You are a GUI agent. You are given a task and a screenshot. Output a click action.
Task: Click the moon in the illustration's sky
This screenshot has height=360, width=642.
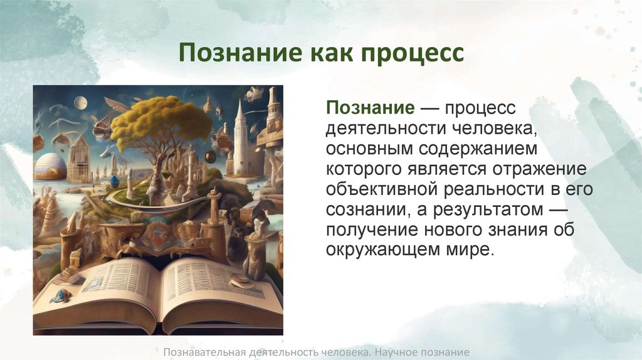[x=80, y=103]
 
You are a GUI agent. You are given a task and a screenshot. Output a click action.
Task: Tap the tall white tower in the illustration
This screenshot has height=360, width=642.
[x=239, y=138]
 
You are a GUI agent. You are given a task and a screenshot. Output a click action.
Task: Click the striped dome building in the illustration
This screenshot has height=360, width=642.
[x=50, y=167]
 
